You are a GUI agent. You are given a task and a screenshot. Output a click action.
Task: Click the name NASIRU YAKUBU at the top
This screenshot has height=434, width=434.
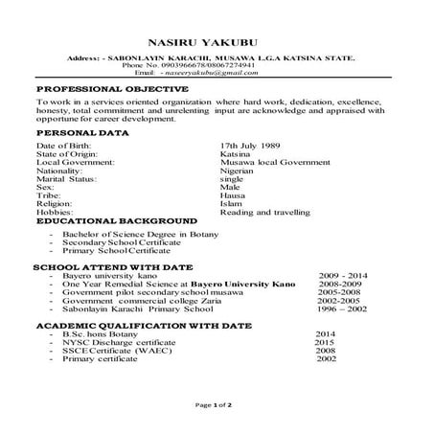(217, 42)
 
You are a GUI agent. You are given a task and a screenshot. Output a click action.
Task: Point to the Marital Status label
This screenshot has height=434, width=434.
(66, 178)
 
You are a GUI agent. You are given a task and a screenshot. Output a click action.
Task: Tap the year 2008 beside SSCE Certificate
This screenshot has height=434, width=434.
(325, 351)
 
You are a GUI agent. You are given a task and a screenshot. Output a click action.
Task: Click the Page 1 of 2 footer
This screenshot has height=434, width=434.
(217, 406)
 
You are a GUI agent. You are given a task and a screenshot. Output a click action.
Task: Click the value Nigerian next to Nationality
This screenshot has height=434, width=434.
(238, 170)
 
